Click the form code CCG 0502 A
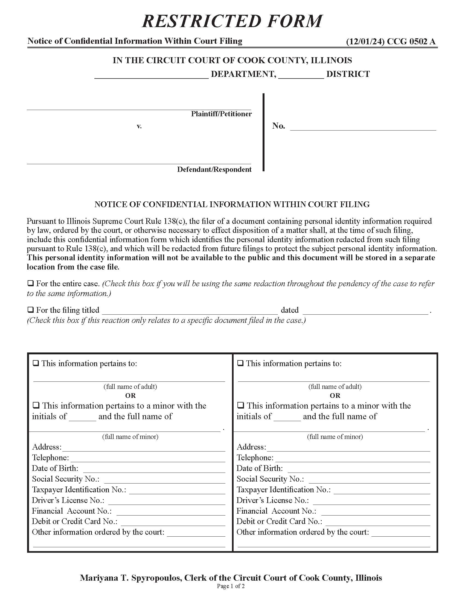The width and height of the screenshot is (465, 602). tap(411, 41)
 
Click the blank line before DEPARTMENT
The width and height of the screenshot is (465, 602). tap(152, 76)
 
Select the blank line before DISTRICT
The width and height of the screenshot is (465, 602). tap(301, 76)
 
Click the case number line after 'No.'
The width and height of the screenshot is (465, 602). tap(363, 127)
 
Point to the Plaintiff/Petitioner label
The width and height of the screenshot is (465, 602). tap(221, 114)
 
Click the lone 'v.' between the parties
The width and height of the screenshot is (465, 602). tap(139, 126)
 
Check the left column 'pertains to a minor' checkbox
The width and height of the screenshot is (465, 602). tap(36, 406)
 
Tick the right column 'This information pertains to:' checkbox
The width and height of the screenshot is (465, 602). tap(240, 363)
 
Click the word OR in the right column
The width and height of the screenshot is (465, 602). tap(335, 396)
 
